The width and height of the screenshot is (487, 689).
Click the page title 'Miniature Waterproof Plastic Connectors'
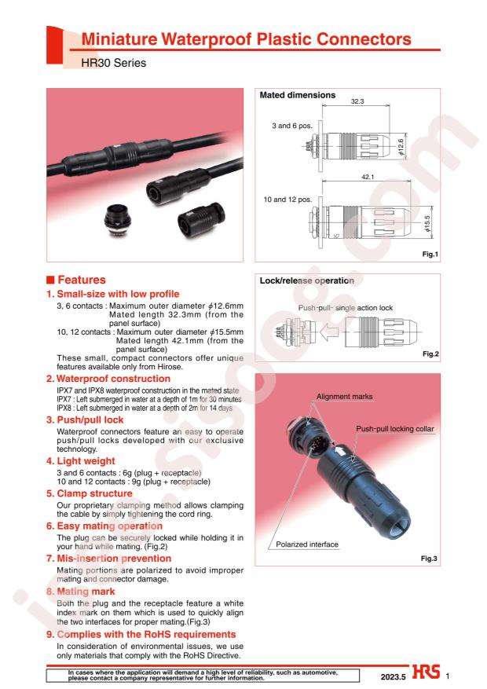pos(247,39)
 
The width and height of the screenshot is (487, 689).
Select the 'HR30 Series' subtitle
pos(114,63)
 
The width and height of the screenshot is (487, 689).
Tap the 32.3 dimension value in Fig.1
pos(357,101)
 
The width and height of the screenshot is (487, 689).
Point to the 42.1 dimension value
pos(368,177)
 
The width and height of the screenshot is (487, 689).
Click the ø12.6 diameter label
pos(401,146)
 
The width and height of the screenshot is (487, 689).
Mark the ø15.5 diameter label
pos(428,223)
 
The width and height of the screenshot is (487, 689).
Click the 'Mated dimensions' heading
pos(297,95)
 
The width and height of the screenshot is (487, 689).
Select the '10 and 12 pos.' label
pos(287,199)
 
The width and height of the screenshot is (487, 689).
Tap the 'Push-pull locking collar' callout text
pos(395,428)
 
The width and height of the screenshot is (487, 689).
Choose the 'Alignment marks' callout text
pos(344,396)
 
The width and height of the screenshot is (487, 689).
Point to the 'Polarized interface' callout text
pos(307,544)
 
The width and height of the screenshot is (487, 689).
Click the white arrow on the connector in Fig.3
pos(340,451)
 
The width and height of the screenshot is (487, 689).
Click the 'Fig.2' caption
pos(430,354)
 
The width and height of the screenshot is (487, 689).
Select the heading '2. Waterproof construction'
pos(108,379)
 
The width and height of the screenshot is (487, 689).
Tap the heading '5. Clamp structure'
pos(89,493)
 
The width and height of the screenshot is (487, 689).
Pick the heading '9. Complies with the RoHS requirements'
pos(141,634)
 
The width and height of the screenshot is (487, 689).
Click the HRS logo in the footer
pos(426,672)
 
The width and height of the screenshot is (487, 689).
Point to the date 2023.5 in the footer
pos(393,676)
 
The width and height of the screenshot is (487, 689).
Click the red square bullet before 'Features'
pos(50,280)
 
